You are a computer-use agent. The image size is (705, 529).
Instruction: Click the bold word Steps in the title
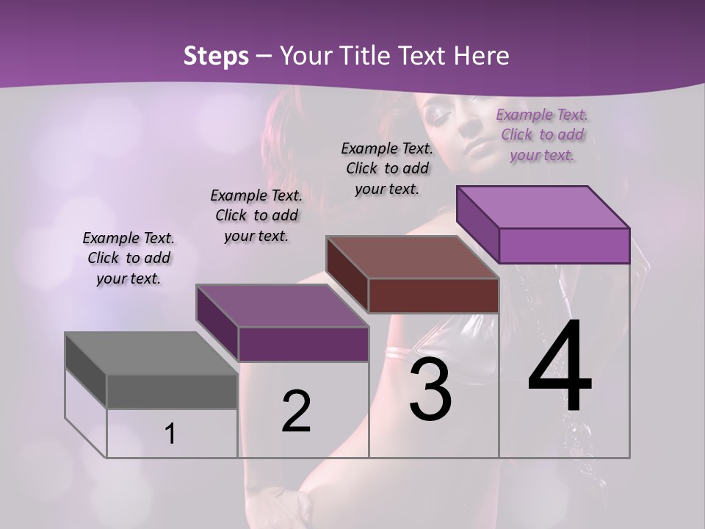point(216,56)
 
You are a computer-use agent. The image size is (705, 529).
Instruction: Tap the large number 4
point(560,367)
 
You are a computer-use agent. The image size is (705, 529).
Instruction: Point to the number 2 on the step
point(296,411)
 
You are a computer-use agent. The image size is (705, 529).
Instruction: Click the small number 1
point(170,434)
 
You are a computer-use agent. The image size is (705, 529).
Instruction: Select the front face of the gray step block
point(172,392)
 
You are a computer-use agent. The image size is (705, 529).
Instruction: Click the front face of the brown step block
point(433,296)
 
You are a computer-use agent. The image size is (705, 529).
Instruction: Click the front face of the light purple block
point(564,245)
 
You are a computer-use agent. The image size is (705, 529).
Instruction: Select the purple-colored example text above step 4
point(542,135)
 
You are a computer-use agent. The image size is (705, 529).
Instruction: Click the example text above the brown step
point(387,168)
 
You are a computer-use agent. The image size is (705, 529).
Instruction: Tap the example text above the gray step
point(129,258)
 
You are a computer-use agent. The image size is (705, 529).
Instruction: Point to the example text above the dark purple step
point(256,215)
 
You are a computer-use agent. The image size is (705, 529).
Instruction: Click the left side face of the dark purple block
point(217,323)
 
